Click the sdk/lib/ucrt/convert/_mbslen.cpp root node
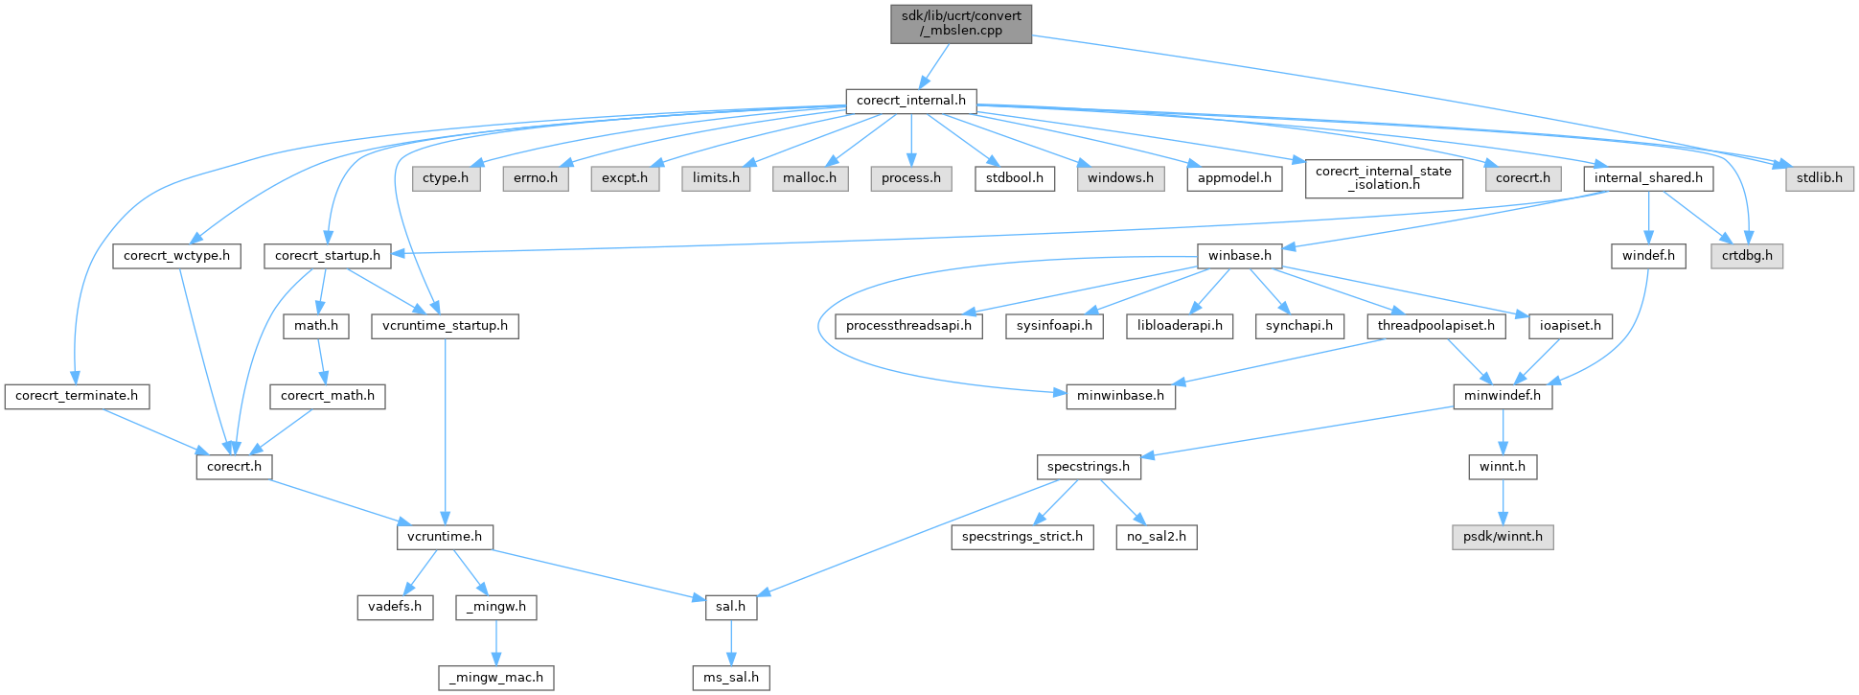(x=961, y=23)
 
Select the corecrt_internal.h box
(x=910, y=100)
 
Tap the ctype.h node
(x=446, y=177)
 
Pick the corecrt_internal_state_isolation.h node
(x=1383, y=177)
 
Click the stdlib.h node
(x=1819, y=177)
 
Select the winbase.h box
(x=1239, y=256)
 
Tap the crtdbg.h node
(x=1748, y=256)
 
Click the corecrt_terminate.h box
(x=77, y=395)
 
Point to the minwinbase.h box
(x=1120, y=395)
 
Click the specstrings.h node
(x=1089, y=467)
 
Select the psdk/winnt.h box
(x=1502, y=536)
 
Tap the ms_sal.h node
(x=730, y=677)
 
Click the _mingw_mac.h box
(x=496, y=677)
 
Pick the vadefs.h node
(x=395, y=607)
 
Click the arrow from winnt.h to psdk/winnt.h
(x=1502, y=501)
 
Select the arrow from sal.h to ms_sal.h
(x=730, y=641)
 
